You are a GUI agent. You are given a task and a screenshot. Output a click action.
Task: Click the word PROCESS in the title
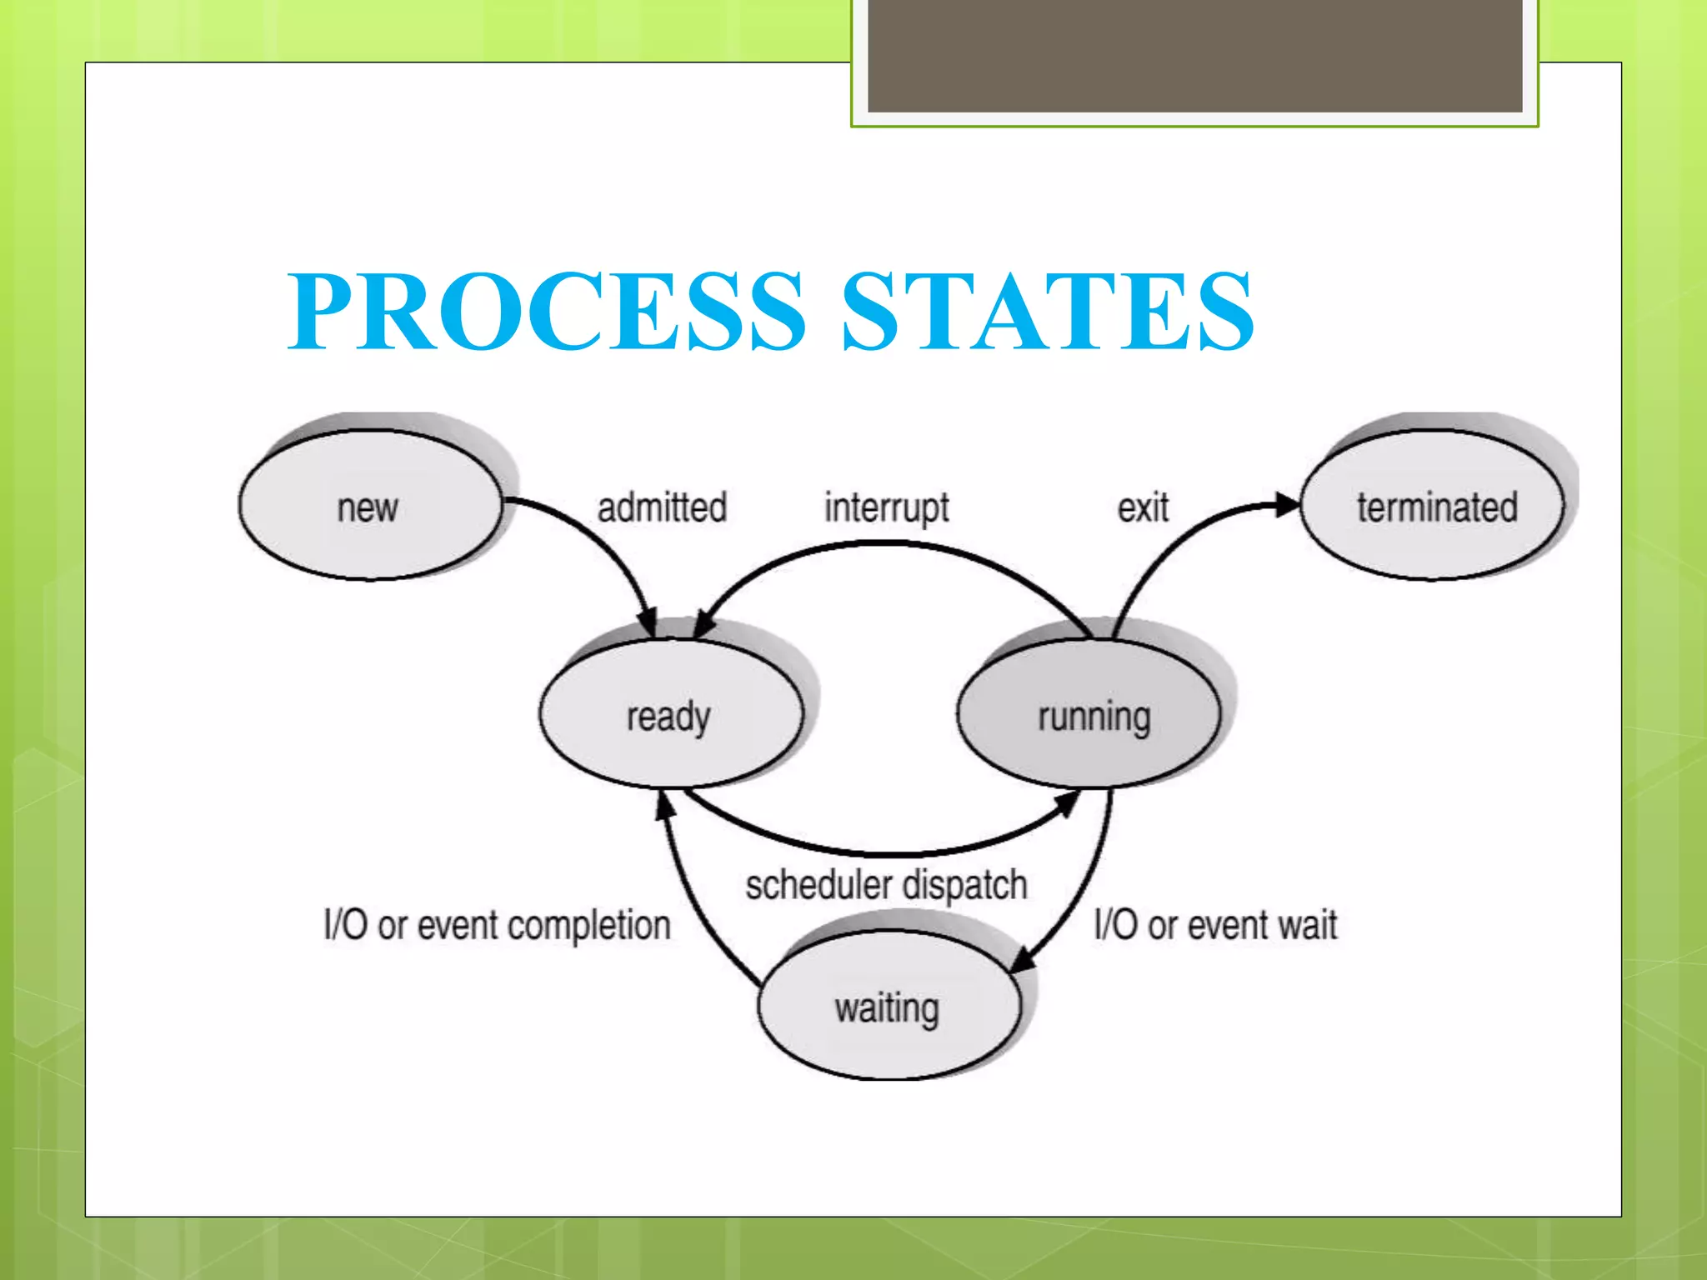tap(546, 310)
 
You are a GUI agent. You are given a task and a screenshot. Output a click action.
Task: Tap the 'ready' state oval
tap(670, 715)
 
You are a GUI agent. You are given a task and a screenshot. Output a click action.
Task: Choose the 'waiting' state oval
tap(889, 1007)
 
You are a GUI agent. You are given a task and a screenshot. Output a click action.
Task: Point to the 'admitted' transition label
tap(662, 507)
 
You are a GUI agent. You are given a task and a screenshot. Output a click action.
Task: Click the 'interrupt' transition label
tap(887, 507)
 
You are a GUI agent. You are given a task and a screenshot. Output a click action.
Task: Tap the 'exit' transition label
tap(1143, 507)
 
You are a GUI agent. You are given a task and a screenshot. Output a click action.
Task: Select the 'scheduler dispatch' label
tap(886, 886)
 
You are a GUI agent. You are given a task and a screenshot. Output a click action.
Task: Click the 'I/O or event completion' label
tap(498, 925)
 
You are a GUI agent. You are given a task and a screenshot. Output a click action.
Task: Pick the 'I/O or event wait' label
tap(1215, 925)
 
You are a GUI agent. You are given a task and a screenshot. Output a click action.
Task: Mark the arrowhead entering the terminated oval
tap(1286, 504)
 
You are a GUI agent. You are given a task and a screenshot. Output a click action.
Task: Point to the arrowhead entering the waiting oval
tap(1022, 960)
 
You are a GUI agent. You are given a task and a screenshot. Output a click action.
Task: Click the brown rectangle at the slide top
tap(1194, 55)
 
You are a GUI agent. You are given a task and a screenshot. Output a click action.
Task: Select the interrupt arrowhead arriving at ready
tap(704, 624)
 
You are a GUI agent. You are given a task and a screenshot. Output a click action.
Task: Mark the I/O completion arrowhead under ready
tap(664, 805)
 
